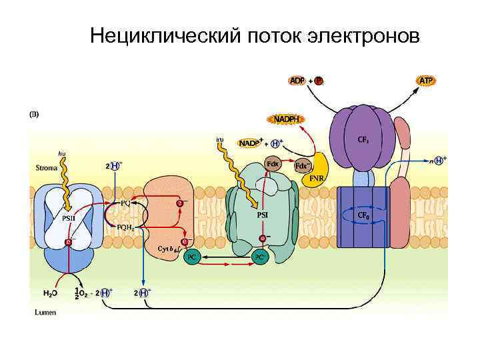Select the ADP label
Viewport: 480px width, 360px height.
tap(298, 81)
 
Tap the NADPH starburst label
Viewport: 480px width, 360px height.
tap(286, 119)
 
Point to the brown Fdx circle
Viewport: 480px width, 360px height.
tap(273, 163)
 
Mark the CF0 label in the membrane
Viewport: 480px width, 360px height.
tap(363, 216)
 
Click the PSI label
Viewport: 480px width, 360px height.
tap(263, 215)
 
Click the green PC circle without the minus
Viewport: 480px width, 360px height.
tap(192, 257)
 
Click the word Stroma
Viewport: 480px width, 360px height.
tap(46, 169)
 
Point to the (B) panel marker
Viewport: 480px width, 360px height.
tap(34, 113)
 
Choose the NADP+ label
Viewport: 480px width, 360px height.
tap(249, 143)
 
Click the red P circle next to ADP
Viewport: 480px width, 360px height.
tap(319, 81)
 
